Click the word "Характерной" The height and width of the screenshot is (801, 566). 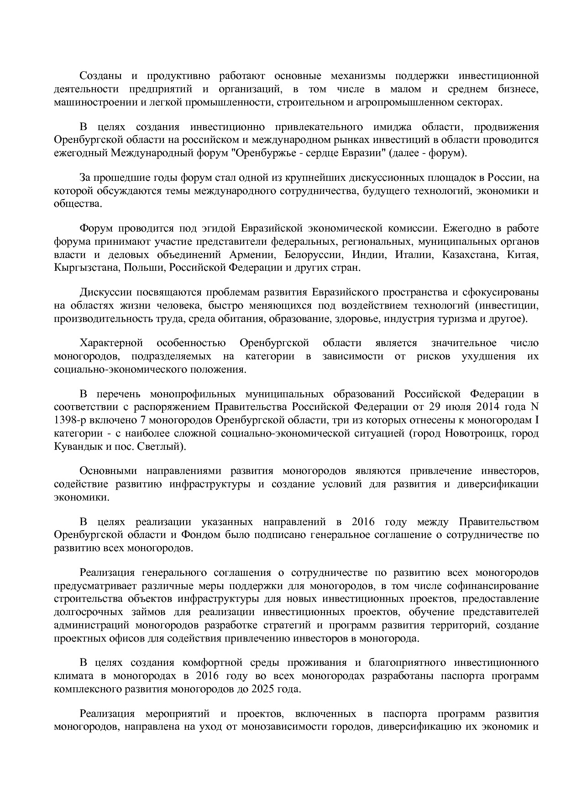pos(111,343)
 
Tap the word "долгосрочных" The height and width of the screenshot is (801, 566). pos(82,612)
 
